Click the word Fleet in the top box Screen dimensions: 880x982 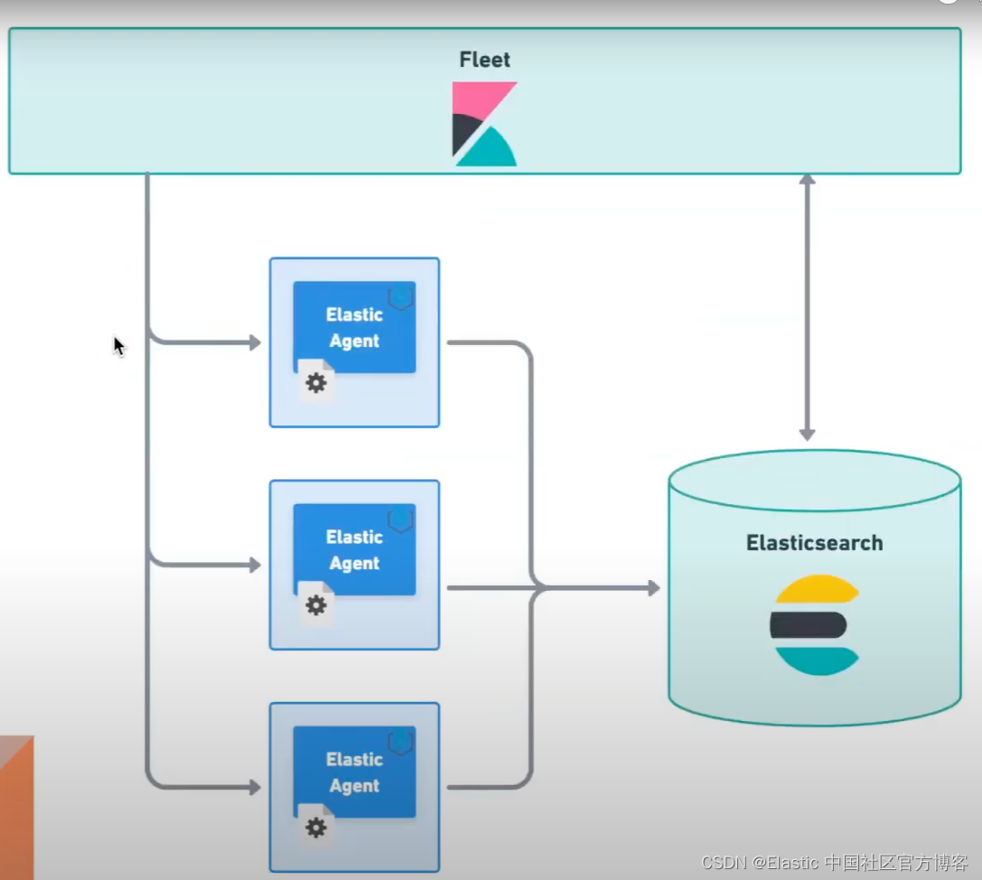(x=484, y=61)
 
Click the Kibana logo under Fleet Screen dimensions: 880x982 (x=484, y=124)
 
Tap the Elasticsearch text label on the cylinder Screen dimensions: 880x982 (x=814, y=543)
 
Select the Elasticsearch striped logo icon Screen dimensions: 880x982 (x=814, y=624)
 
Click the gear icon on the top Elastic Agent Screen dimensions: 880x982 (x=315, y=383)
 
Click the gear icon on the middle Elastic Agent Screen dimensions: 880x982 (x=315, y=605)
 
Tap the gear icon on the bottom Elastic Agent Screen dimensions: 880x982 (x=315, y=828)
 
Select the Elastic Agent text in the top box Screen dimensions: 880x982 (x=354, y=327)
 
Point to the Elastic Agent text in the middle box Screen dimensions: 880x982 (x=354, y=549)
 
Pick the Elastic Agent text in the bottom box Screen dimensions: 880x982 (x=354, y=772)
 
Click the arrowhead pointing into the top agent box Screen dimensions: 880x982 (x=255, y=342)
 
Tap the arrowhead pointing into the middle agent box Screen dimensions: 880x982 (x=255, y=565)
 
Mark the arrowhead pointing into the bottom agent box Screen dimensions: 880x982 (x=255, y=787)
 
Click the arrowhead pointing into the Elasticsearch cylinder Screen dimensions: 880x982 (x=653, y=588)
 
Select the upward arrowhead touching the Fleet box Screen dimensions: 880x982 (x=808, y=180)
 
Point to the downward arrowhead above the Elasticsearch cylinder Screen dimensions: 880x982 (x=808, y=435)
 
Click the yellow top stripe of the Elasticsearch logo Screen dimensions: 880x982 (x=816, y=590)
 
